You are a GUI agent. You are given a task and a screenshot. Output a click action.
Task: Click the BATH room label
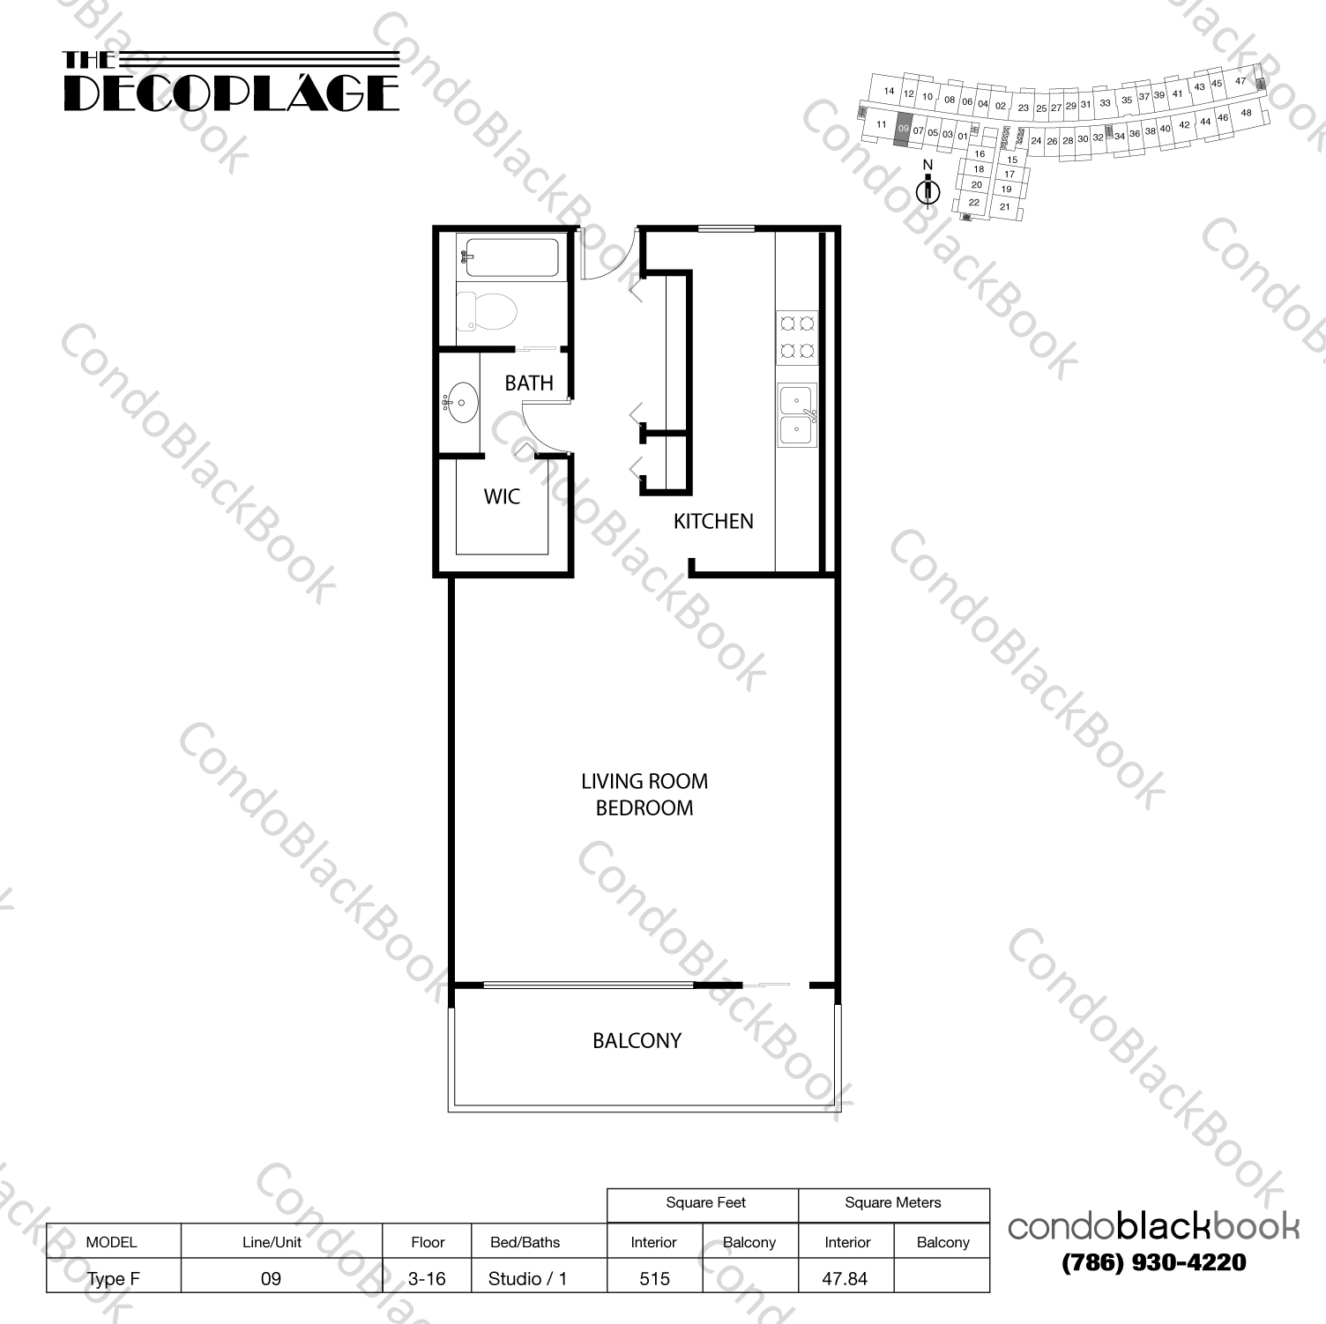point(529,383)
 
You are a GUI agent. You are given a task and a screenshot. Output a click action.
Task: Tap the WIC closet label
point(502,497)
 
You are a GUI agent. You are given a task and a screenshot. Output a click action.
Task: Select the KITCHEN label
point(713,522)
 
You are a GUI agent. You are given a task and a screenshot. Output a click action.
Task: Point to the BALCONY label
point(637,1041)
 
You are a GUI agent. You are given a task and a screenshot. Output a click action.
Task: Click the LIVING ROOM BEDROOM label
point(644,794)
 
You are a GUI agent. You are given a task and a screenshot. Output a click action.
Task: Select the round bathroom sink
point(460,404)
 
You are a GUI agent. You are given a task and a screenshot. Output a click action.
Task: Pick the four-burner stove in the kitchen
point(797,338)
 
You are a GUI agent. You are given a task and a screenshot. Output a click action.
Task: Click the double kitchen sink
point(797,415)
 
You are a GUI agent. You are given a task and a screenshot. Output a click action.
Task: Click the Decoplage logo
point(231,82)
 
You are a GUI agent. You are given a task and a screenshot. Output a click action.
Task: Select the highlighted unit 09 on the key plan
point(902,130)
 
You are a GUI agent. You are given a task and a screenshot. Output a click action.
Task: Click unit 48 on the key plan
point(1246,113)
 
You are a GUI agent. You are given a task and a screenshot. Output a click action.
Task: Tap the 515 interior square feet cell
point(655,1278)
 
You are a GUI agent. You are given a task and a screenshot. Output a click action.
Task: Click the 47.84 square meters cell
point(845,1278)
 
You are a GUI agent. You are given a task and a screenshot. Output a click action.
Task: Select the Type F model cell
point(113,1278)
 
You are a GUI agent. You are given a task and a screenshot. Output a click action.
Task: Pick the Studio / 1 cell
point(527,1278)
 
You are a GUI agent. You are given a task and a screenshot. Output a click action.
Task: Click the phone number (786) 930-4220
point(1153,1263)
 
